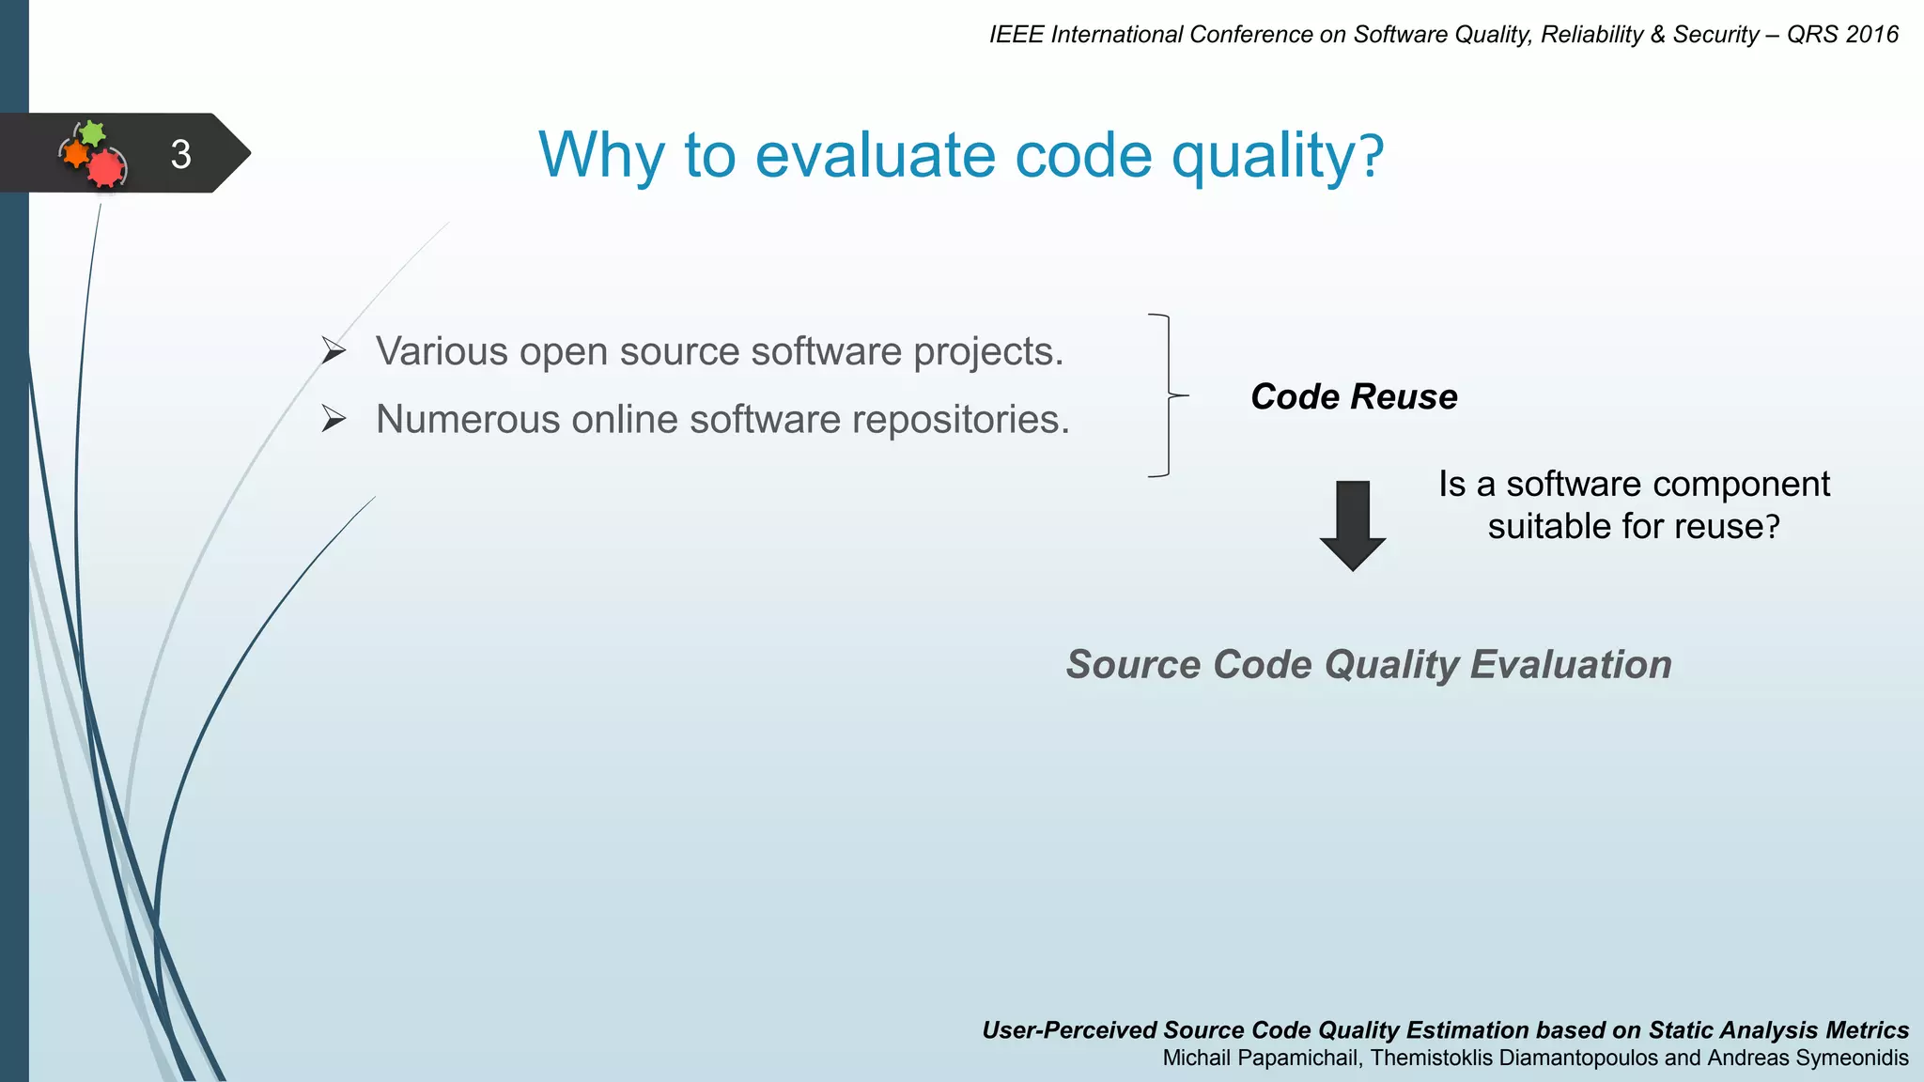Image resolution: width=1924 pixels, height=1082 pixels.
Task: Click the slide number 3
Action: pos(180,154)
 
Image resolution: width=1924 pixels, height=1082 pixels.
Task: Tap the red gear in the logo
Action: pos(106,168)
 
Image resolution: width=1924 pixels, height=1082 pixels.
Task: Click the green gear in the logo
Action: pos(92,133)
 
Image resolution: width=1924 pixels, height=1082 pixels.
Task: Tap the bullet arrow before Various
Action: pos(334,351)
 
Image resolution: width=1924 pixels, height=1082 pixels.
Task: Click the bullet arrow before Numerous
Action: pos(334,419)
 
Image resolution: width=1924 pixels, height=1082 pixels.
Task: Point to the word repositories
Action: pos(960,420)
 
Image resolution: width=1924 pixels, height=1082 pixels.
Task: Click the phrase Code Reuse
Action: pos(1354,396)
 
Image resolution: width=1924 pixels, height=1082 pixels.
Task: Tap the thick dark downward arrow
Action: pos(1353,525)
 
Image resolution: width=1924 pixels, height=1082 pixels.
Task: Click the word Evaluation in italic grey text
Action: pos(1571,665)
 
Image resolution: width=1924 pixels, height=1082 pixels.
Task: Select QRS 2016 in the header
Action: pos(1842,35)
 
